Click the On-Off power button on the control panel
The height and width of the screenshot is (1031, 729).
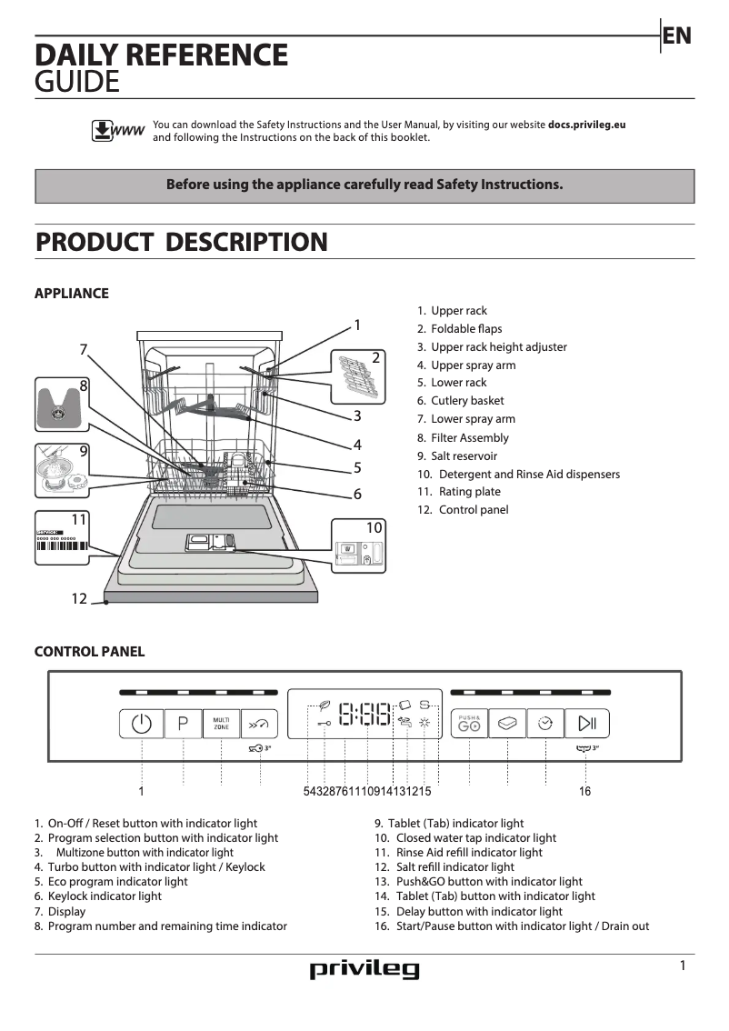141,725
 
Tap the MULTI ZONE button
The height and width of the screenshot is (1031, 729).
221,725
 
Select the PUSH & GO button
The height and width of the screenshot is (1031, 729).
469,724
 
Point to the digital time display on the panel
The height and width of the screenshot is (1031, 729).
365,715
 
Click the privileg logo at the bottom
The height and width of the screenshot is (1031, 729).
364,970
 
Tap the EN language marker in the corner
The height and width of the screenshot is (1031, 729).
677,35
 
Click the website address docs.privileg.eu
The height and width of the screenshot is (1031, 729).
586,125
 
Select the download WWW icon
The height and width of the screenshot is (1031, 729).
117,131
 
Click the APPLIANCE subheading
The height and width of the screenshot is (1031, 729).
71,294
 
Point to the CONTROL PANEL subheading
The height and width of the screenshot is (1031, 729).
89,652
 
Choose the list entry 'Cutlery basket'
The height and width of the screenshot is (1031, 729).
467,401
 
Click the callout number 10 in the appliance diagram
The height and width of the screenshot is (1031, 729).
374,528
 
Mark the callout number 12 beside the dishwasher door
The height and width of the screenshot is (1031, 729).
79,598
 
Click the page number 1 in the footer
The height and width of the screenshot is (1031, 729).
683,966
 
